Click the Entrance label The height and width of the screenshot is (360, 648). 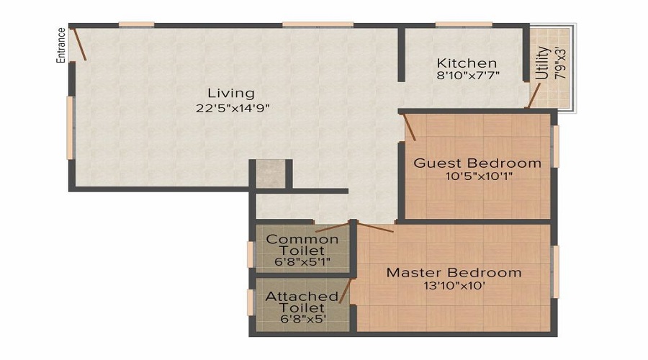(60, 45)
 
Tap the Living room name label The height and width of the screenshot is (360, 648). (231, 94)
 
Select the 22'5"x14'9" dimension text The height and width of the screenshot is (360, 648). (233, 108)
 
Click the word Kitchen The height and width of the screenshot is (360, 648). (467, 63)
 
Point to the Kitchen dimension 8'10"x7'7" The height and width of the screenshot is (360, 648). (468, 75)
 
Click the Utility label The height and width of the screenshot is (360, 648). (543, 63)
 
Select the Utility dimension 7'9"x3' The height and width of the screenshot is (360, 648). (560, 64)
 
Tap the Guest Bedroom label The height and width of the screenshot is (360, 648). (477, 163)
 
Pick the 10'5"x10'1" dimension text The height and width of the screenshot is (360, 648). (479, 176)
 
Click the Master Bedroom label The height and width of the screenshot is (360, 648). (454, 273)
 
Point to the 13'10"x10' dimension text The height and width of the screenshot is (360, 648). (454, 286)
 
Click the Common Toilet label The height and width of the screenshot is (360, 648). (302, 245)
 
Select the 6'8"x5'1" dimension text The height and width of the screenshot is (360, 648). (302, 261)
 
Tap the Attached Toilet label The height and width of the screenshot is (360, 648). (302, 302)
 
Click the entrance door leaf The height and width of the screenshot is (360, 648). (78, 43)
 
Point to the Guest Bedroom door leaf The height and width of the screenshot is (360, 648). (409, 127)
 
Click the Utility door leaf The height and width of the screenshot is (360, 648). (534, 96)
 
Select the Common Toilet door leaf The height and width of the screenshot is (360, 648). (333, 228)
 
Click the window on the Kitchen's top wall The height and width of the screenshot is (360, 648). (464, 24)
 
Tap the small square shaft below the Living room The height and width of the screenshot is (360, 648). (271, 174)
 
